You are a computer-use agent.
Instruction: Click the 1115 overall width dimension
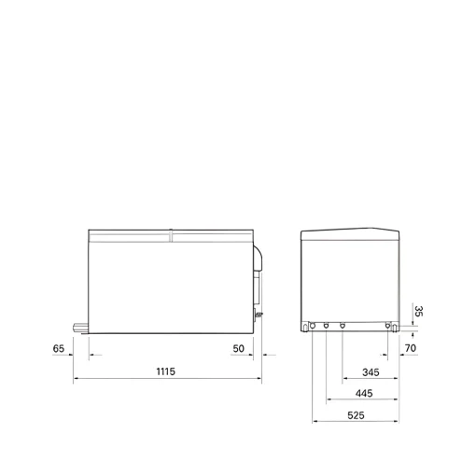coord(166,371)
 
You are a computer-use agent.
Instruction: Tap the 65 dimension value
coord(59,348)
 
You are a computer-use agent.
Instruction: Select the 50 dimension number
coord(239,348)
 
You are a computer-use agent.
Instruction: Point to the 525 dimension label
coord(356,415)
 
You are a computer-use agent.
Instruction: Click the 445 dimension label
coord(364,393)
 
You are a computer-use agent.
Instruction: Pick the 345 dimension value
coord(371,372)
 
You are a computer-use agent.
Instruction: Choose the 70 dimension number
coord(411,348)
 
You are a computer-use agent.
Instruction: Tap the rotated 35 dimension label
coord(419,311)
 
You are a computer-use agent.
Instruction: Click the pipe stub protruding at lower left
coord(80,328)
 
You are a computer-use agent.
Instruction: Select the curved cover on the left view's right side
coord(258,258)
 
